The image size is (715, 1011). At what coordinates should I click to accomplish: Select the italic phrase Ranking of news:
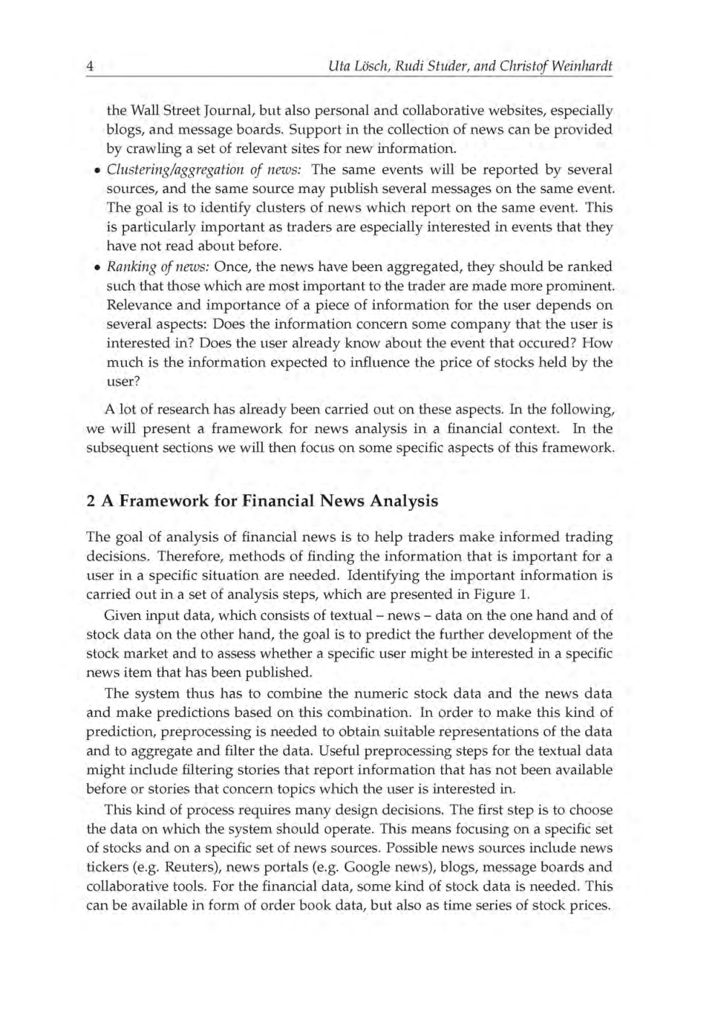[x=158, y=267]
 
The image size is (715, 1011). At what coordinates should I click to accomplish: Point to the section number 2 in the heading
[x=90, y=501]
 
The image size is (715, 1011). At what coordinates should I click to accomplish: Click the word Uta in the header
[x=337, y=66]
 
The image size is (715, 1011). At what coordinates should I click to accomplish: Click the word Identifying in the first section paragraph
[x=383, y=576]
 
